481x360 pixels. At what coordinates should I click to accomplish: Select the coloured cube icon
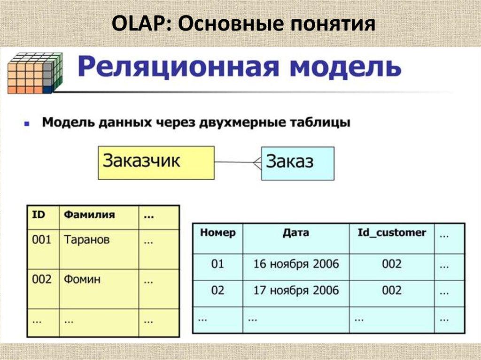tap(35, 73)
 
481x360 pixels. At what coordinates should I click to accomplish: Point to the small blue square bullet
tap(27, 124)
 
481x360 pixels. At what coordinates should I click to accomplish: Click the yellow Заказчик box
tap(156, 162)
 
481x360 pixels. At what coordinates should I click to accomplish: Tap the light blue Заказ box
tap(298, 163)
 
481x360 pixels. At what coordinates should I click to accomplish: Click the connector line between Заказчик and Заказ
tap(235, 162)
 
